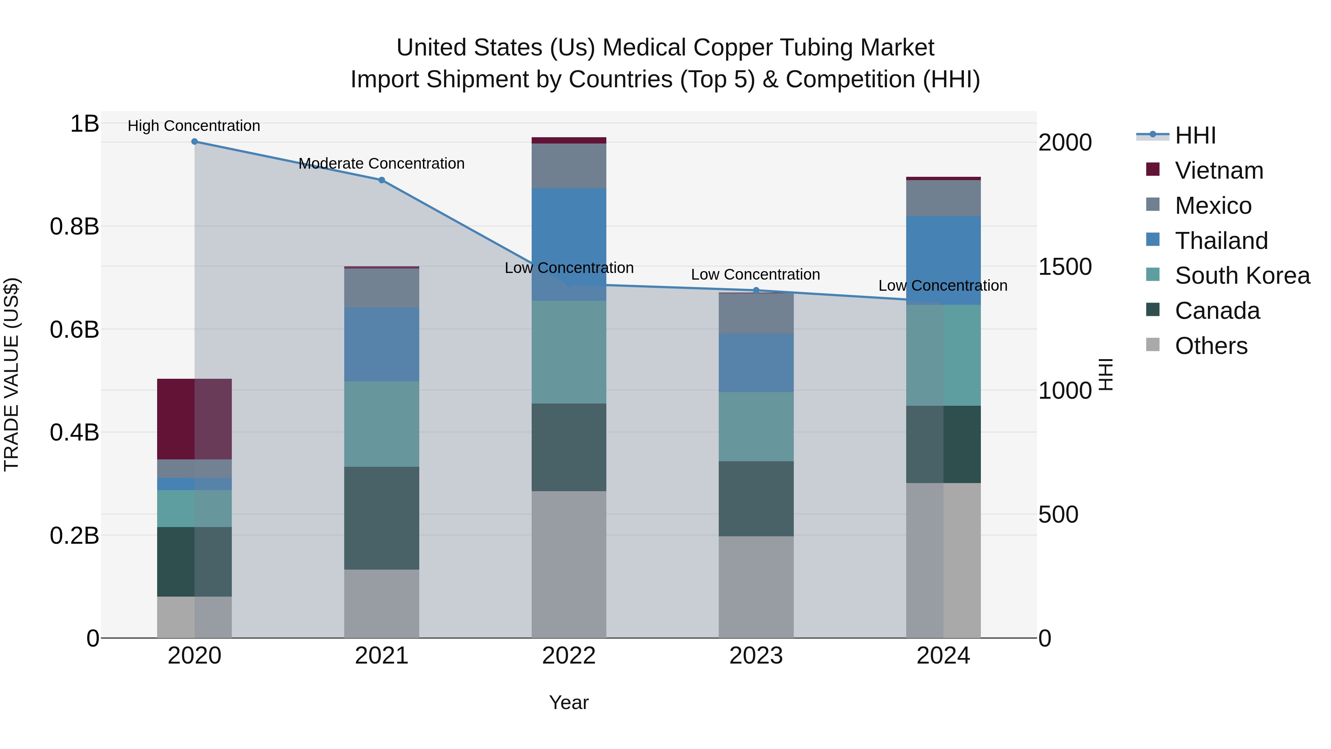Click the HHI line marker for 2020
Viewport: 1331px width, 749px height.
tap(194, 142)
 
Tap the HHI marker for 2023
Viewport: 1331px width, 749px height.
tap(756, 290)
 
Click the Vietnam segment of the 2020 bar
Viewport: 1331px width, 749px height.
tap(194, 419)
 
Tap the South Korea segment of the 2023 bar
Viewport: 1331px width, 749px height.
tap(756, 426)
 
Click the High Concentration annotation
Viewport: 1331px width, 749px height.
tap(194, 126)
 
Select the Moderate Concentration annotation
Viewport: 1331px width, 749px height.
tap(381, 164)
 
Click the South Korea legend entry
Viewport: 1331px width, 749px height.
tap(1242, 276)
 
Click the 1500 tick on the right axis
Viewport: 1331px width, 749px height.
tap(1065, 267)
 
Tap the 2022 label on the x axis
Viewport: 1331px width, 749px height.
tap(569, 656)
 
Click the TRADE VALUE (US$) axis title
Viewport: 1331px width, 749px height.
tap(11, 374)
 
